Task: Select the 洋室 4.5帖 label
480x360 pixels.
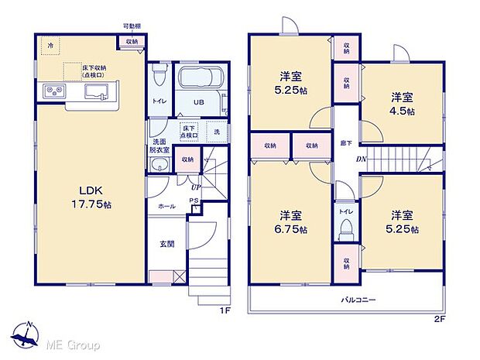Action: (x=402, y=104)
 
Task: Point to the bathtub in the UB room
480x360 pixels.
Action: (x=201, y=80)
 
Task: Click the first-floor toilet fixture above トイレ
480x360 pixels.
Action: (x=160, y=76)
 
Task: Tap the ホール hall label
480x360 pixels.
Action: (x=166, y=207)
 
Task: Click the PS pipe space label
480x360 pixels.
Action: (x=195, y=201)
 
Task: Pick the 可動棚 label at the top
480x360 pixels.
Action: (x=131, y=26)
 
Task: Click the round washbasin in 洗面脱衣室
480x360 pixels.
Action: (x=161, y=163)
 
